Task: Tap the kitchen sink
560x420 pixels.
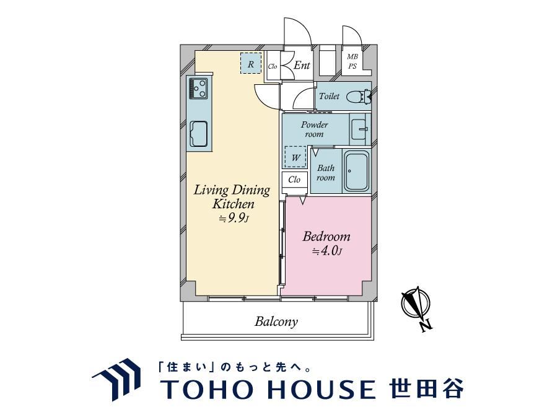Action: tap(199, 134)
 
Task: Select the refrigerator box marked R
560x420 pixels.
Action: tap(251, 63)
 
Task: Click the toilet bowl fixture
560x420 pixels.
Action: tap(359, 97)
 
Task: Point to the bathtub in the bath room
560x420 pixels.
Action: tap(356, 172)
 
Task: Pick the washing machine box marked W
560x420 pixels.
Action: tap(295, 157)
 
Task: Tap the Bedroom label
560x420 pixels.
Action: tap(326, 237)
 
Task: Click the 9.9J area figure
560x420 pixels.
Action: tap(234, 218)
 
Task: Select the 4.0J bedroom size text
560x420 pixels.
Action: tap(327, 251)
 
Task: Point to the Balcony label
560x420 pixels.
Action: tap(276, 322)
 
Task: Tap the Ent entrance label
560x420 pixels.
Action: tap(302, 66)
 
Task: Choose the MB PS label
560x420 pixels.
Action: tap(352, 61)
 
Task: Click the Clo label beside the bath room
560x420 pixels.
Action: tap(294, 179)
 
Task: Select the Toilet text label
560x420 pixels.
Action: tap(329, 96)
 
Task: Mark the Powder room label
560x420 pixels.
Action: tap(314, 129)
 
